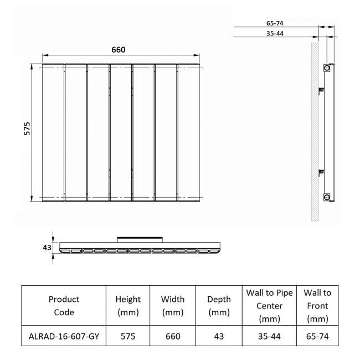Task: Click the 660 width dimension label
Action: [x=119, y=50]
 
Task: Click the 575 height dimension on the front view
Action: [x=27, y=128]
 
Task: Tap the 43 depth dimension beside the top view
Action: [x=47, y=248]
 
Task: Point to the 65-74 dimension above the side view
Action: [x=275, y=23]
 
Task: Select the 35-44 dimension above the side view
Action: [x=275, y=33]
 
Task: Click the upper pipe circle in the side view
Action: [x=327, y=68]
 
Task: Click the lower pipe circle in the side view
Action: [x=327, y=197]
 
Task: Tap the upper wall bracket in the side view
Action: [x=321, y=90]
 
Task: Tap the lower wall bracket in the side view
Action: [x=321, y=172]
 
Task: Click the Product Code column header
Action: [x=64, y=306]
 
